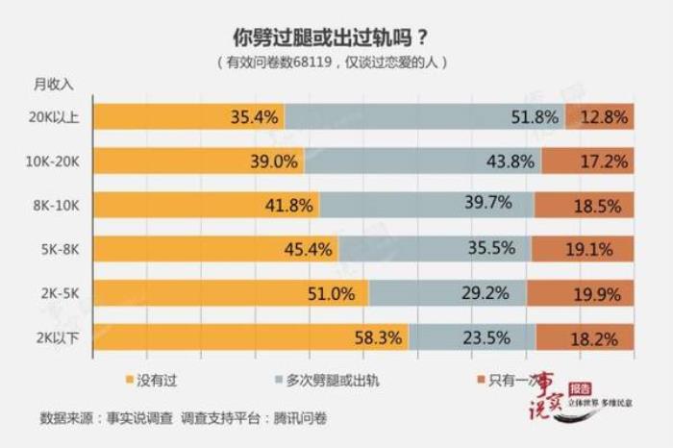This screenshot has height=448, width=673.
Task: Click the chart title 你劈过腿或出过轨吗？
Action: click(x=331, y=38)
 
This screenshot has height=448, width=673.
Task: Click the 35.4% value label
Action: click(x=255, y=117)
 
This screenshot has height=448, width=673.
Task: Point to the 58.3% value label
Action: click(x=379, y=337)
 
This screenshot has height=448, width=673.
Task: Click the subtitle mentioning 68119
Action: click(x=332, y=62)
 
